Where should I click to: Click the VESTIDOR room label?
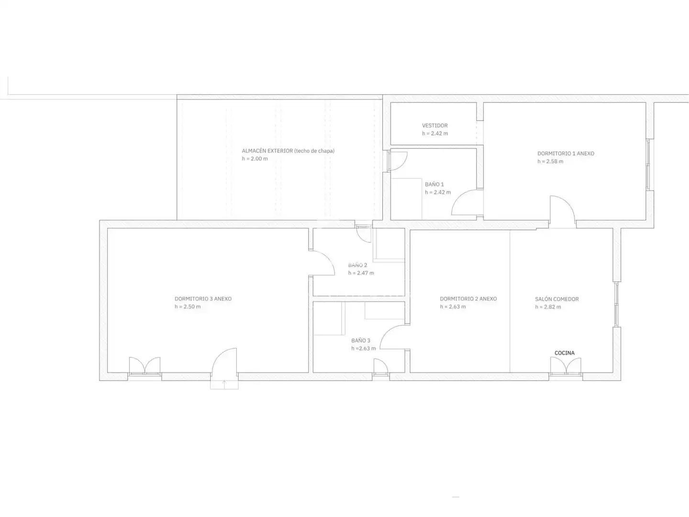(435, 125)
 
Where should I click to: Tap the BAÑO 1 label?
(434, 185)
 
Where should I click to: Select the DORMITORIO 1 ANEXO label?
(566, 154)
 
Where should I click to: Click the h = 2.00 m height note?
(255, 159)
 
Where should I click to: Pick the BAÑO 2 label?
(357, 265)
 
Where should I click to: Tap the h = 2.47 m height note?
(361, 273)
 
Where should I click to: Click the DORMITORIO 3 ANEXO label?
(203, 299)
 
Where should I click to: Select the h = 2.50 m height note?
(188, 307)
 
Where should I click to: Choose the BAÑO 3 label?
(361, 340)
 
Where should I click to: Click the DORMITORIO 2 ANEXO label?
(468, 299)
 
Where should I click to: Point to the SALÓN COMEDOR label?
(557, 299)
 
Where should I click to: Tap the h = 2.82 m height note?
(548, 307)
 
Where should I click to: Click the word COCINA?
(565, 353)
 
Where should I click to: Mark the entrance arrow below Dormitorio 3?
(224, 385)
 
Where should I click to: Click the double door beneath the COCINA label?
(566, 366)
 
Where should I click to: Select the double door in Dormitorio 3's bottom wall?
(144, 366)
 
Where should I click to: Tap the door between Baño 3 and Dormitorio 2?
(392, 337)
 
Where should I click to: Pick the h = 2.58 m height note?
(550, 161)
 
